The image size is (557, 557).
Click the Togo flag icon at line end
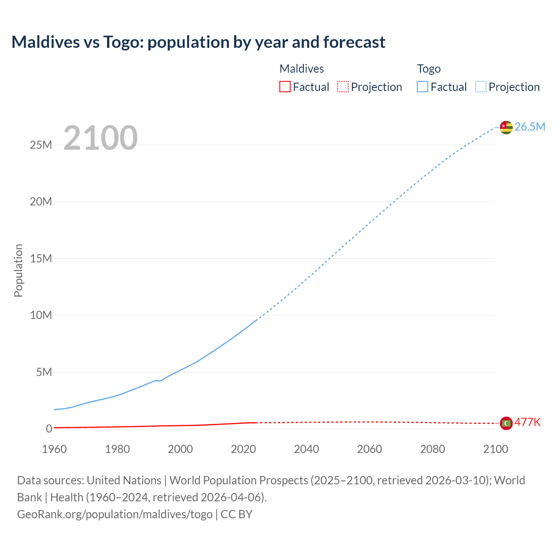pyautogui.click(x=506, y=127)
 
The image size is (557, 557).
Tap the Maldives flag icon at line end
pyautogui.click(x=506, y=423)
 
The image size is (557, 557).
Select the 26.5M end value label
pyautogui.click(x=530, y=127)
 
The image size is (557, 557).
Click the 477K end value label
pyautogui.click(x=527, y=423)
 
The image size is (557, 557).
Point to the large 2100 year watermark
pyautogui.click(x=101, y=138)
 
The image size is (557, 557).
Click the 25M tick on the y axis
pyautogui.click(x=41, y=145)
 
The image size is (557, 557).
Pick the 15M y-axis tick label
pyautogui.click(x=41, y=258)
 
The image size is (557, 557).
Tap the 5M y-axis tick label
pyautogui.click(x=44, y=372)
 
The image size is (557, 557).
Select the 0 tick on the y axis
pyautogui.click(x=49, y=429)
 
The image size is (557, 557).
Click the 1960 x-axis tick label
pyautogui.click(x=54, y=449)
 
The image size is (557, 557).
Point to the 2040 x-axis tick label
pyautogui.click(x=306, y=449)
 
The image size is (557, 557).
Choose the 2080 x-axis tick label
pyautogui.click(x=433, y=449)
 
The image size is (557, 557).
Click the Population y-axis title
pyautogui.click(x=18, y=270)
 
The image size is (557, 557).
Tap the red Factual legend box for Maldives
pyautogui.click(x=285, y=87)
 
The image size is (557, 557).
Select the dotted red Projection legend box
pyautogui.click(x=343, y=87)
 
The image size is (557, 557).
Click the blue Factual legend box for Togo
pyautogui.click(x=423, y=87)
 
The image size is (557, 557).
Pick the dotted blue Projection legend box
pyautogui.click(x=481, y=87)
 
